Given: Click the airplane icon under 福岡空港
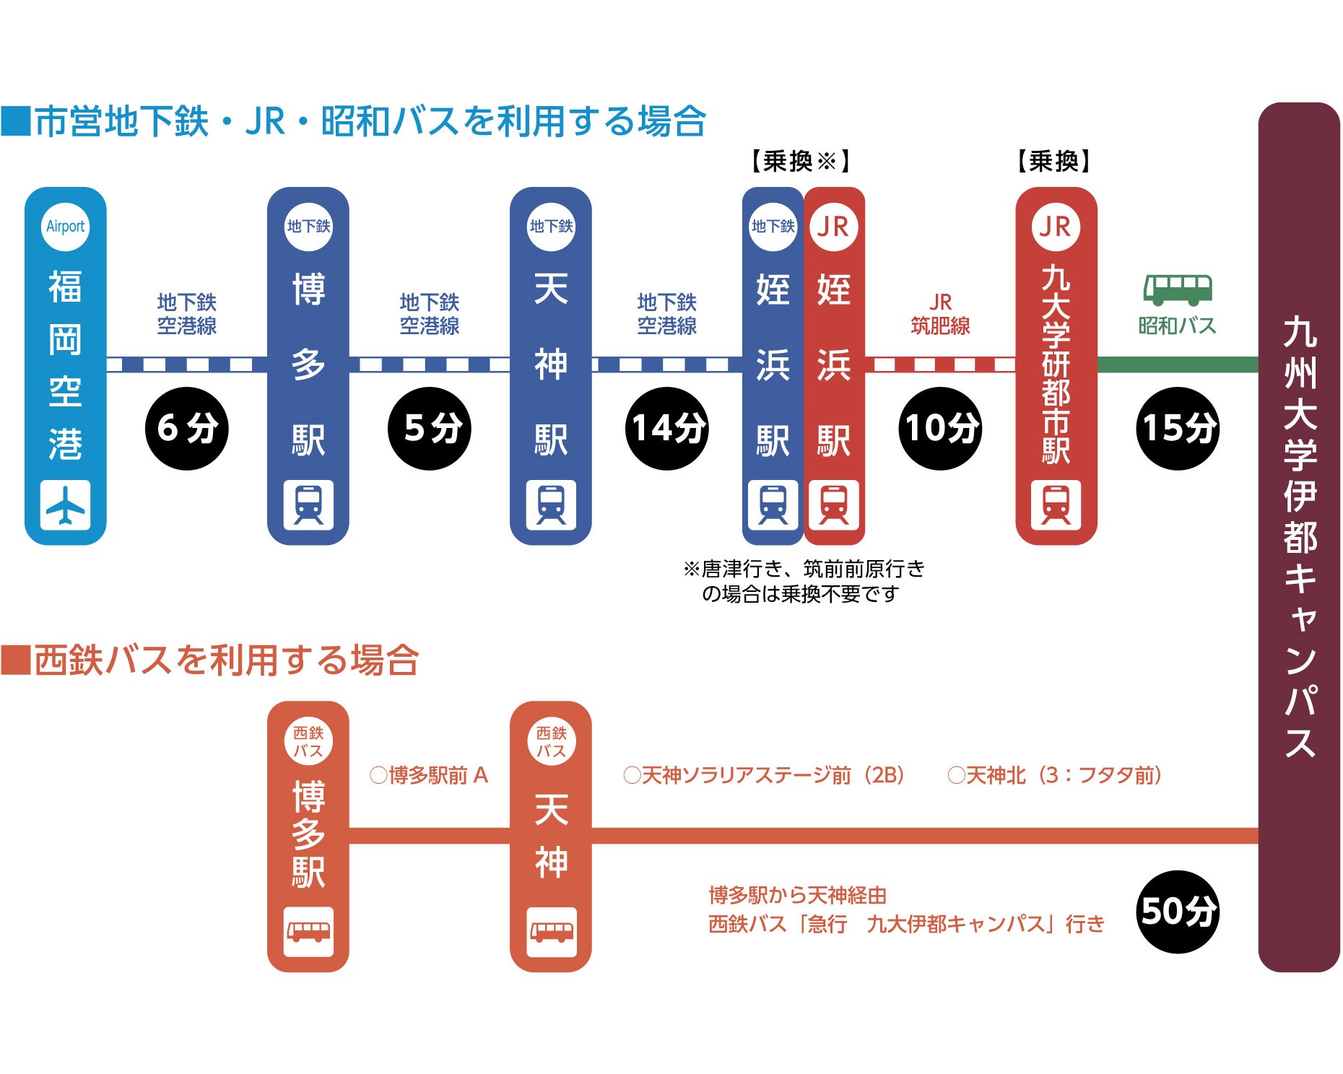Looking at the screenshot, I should tap(65, 505).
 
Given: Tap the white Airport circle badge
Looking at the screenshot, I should tap(65, 227).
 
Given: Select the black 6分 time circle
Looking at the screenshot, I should tap(187, 428).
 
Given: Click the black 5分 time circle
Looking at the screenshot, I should tap(430, 428).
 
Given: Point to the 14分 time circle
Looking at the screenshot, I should tap(666, 428).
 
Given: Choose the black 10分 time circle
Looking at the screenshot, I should tap(940, 428).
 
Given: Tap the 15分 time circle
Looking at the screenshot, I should tap(1178, 428).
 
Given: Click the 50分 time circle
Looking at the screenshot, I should tap(1178, 912).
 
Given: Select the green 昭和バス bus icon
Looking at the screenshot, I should tap(1178, 289).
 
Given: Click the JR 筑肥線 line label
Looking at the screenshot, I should tap(940, 314).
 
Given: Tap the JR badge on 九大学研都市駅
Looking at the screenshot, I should tap(1056, 227).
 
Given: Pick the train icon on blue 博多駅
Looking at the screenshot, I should tap(308, 505).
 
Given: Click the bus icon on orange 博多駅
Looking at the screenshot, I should tap(308, 931).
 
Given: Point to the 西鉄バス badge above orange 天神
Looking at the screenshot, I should tap(551, 741).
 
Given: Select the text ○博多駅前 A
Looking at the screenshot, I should tap(429, 776).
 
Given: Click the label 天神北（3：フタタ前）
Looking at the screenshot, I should tap(1056, 776).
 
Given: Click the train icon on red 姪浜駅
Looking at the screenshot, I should tap(834, 505).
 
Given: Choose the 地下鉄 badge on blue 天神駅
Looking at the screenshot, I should tap(551, 227).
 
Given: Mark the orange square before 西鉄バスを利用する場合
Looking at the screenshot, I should tap(15, 660).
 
